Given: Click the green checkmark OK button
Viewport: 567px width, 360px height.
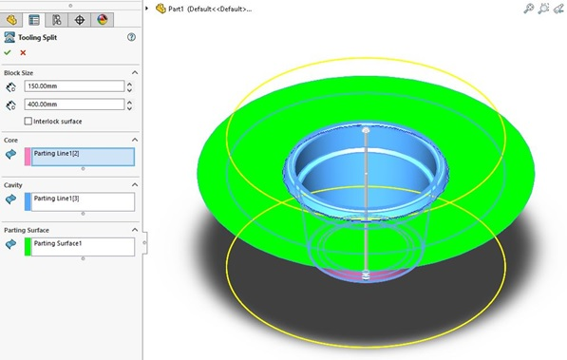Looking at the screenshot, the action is [x=8, y=53].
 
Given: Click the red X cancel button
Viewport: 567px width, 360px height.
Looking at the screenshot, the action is [x=23, y=53].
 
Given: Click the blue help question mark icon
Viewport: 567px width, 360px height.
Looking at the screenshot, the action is [x=131, y=37].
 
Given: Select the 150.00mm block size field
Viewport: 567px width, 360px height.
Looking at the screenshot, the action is [x=74, y=86].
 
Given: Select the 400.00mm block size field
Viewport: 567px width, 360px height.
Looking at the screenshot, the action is [x=74, y=104].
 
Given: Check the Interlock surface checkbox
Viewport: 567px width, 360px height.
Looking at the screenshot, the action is [x=28, y=122].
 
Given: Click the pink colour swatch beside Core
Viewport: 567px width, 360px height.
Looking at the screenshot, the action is [x=28, y=157].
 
